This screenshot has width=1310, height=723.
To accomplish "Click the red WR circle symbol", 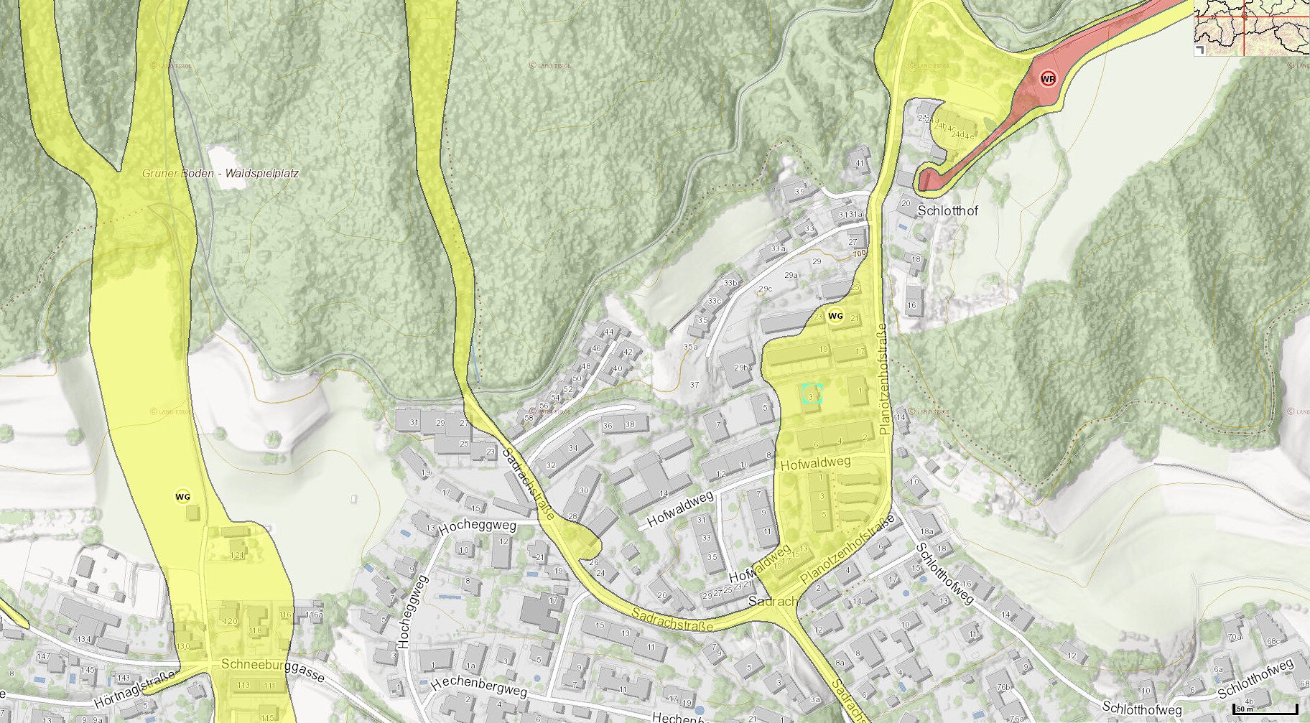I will click(1049, 78).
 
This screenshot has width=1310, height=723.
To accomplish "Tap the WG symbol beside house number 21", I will click(835, 316).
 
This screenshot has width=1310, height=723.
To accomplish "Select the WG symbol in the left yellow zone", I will click(183, 496).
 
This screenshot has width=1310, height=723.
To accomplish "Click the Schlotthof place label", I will click(947, 211).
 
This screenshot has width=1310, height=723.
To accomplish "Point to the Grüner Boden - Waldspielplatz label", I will click(220, 173).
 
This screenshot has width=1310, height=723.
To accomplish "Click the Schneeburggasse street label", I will click(273, 668).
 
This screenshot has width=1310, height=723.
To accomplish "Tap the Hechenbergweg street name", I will click(479, 686).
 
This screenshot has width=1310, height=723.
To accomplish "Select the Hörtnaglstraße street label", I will click(134, 689).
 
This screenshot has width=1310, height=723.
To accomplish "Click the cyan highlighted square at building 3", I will click(812, 393).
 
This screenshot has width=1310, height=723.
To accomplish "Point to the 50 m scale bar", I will click(1265, 709).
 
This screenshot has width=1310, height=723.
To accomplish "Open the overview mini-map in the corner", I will click(1252, 27).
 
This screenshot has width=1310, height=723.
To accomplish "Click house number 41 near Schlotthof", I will click(860, 164).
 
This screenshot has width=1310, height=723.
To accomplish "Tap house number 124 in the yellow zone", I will click(237, 554).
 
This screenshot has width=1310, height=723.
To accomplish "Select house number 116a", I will click(314, 615).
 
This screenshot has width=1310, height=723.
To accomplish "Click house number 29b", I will click(741, 367).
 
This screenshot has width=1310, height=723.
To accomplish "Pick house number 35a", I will click(689, 347).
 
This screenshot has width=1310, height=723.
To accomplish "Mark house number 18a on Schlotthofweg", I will click(926, 531).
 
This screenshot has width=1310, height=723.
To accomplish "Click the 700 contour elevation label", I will click(859, 253).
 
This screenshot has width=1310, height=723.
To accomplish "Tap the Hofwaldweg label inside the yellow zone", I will click(815, 464).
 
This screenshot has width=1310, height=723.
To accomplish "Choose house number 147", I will click(43, 656).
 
